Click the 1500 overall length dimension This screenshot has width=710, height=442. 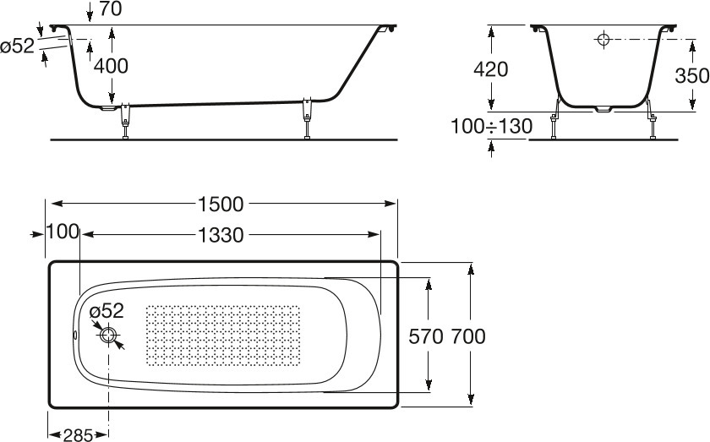(221, 205)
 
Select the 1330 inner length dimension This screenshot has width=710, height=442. (221, 235)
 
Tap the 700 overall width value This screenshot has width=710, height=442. (467, 336)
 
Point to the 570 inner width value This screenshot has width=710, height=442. (426, 336)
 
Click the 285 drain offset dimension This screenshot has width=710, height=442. (78, 435)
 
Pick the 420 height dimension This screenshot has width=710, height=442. (491, 69)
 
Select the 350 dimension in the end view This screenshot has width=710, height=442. (692, 75)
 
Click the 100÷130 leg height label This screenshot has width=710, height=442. (491, 126)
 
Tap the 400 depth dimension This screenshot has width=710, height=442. (111, 66)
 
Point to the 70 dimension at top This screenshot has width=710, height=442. (110, 8)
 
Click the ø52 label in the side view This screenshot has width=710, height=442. (17, 46)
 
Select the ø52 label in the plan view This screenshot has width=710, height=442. (106, 311)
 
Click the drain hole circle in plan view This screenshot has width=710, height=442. (108, 336)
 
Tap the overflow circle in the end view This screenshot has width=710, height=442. (603, 40)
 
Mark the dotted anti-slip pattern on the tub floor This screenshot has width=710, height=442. (223, 336)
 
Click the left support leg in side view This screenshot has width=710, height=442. (125, 122)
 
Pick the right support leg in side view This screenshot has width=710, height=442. (308, 117)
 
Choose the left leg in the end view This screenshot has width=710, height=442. (554, 120)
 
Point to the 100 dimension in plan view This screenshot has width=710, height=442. (63, 232)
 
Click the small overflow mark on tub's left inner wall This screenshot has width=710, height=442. (75, 336)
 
